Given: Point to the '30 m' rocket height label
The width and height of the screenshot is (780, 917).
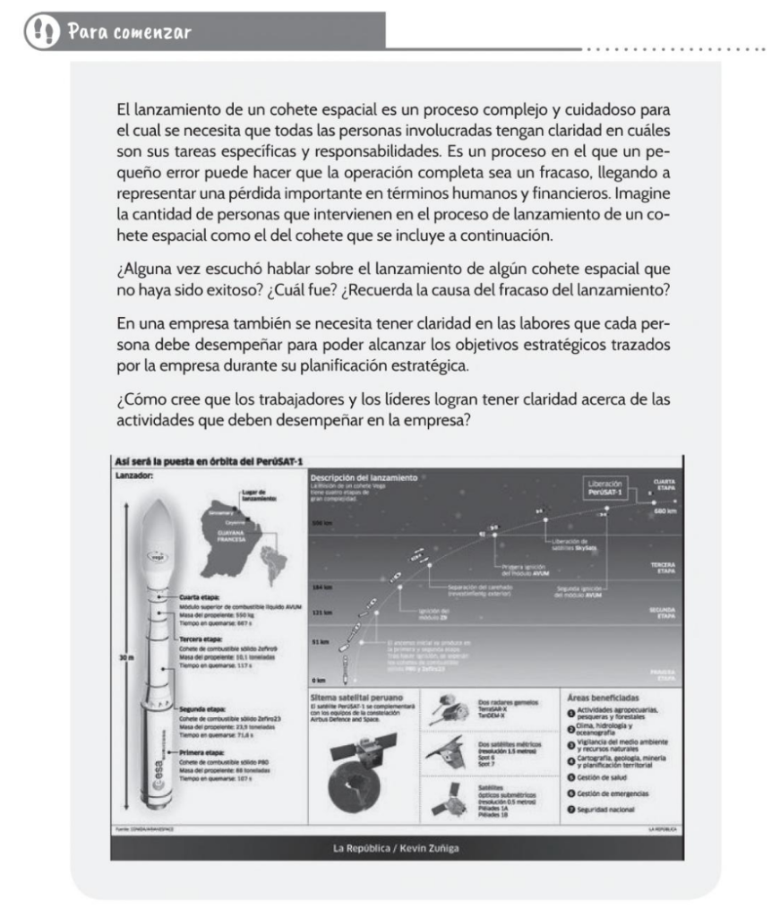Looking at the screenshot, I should (125, 657).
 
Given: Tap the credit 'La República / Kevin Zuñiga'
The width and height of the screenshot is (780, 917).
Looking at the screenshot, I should (396, 846).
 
